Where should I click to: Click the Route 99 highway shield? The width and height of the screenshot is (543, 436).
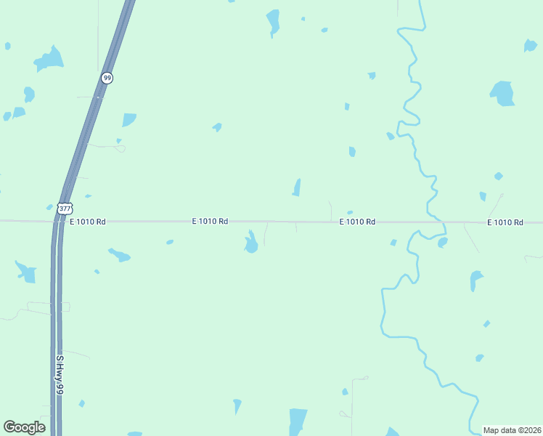tap(107, 78)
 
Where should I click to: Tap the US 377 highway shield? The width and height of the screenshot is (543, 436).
tap(65, 209)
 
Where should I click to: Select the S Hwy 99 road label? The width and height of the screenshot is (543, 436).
tap(60, 375)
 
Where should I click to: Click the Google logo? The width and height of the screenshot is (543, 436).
tap(24, 427)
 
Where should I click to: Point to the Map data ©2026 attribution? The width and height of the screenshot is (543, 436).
tap(513, 430)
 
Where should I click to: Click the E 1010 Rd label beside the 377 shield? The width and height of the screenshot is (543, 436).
tap(88, 221)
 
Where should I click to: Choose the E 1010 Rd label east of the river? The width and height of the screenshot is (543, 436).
tap(505, 222)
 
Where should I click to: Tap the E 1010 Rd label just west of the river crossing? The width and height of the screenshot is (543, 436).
tap(357, 222)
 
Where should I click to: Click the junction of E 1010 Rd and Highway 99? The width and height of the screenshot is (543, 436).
tap(57, 220)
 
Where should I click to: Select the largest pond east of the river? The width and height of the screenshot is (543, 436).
tap(502, 93)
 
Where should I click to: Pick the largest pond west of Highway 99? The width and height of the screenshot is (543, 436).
tap(49, 59)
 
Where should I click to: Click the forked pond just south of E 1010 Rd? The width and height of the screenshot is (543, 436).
tap(251, 242)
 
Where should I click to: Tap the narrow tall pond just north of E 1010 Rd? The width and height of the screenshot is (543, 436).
tap(296, 187)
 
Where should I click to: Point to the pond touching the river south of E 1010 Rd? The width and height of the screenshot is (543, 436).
tap(442, 242)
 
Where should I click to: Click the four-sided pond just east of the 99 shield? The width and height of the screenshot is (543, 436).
tap(128, 119)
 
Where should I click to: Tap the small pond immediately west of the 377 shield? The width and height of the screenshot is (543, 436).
tap(49, 207)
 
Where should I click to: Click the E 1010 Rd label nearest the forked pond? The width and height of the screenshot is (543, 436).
tap(211, 221)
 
